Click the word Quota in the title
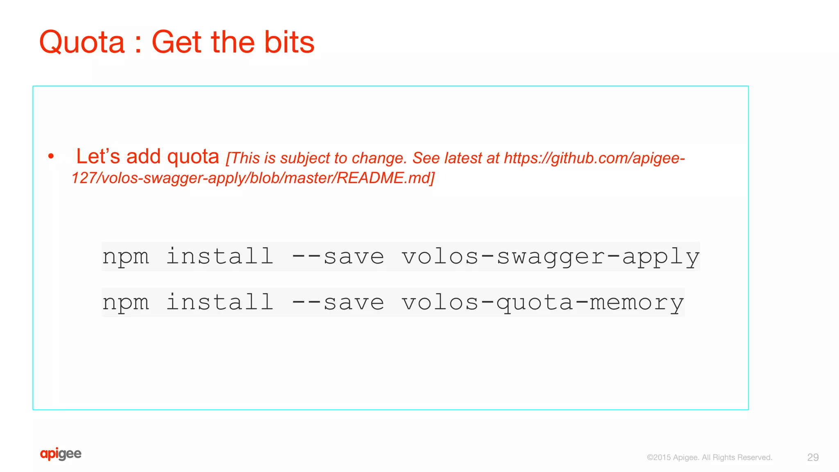pos(82,42)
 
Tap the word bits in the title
pos(289,42)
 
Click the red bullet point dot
pos(51,156)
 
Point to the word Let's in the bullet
pos(98,156)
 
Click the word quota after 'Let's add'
pos(193,157)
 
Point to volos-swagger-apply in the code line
pos(550,257)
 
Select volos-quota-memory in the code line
pos(542,303)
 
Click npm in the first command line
pos(126,257)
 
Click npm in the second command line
pos(126,303)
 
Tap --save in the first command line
pos(338,257)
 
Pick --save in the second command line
pos(338,303)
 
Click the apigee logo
pos(61,454)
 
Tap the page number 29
pos(813,457)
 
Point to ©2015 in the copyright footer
pos(659,458)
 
